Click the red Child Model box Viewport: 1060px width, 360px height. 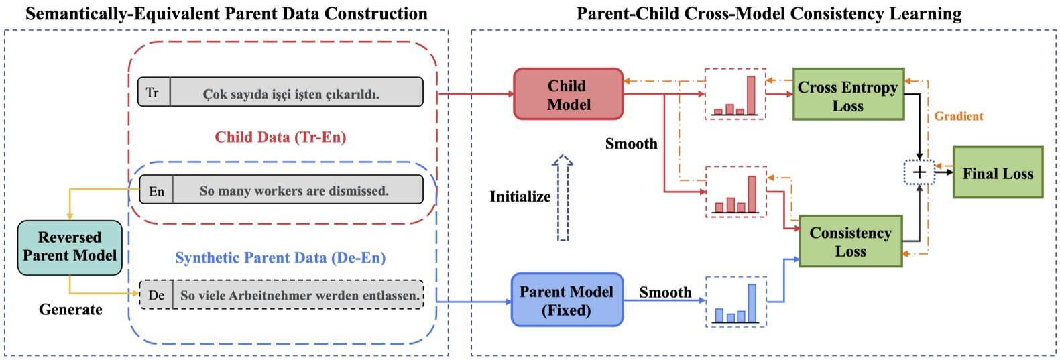click(568, 95)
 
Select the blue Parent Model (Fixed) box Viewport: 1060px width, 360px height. click(567, 300)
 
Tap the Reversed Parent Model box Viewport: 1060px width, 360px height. click(70, 247)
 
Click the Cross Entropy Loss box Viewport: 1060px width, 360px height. click(848, 95)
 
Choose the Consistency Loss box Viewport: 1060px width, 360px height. click(851, 241)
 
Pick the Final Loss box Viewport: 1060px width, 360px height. click(998, 173)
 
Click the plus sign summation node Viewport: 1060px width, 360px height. click(919, 172)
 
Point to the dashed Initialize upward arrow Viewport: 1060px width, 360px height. click(563, 198)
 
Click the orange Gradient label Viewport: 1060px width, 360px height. click(959, 116)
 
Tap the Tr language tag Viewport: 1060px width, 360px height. click(153, 93)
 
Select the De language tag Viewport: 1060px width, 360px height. click(156, 295)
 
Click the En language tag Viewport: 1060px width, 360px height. click(156, 191)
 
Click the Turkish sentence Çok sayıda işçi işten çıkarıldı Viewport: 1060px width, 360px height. click(291, 94)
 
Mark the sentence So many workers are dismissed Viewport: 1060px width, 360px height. click(294, 191)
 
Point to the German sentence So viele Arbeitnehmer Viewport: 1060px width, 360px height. click(299, 295)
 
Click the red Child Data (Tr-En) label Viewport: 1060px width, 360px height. click(280, 137)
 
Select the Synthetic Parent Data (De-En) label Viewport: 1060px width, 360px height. click(280, 258)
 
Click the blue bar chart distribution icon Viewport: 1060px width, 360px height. click(736, 303)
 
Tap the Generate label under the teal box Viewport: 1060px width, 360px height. click(70, 309)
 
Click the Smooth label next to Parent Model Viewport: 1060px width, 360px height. click(664, 292)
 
